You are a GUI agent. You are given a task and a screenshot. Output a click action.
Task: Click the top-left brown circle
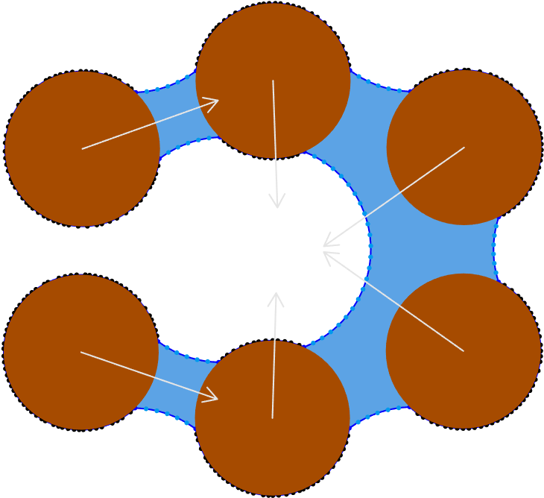pyautogui.click(x=82, y=148)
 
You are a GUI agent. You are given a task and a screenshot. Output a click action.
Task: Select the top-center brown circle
pyautogui.click(x=273, y=81)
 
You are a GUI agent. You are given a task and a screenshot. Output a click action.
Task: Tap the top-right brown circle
pyautogui.click(x=464, y=147)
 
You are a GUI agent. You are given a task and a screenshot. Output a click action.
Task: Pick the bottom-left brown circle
pyautogui.click(x=80, y=352)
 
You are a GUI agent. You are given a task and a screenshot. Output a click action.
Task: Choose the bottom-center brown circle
pyautogui.click(x=273, y=418)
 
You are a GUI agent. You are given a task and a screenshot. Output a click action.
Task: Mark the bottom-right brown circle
pyautogui.click(x=464, y=350)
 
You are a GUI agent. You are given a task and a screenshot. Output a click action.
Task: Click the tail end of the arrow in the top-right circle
pyautogui.click(x=464, y=147)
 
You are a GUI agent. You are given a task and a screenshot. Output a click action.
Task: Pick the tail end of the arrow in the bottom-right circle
pyautogui.click(x=464, y=350)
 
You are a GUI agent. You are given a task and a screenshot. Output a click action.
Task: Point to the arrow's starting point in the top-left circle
pyautogui.click(x=82, y=148)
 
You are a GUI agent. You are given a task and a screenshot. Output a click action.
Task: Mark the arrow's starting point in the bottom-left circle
pyautogui.click(x=80, y=352)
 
